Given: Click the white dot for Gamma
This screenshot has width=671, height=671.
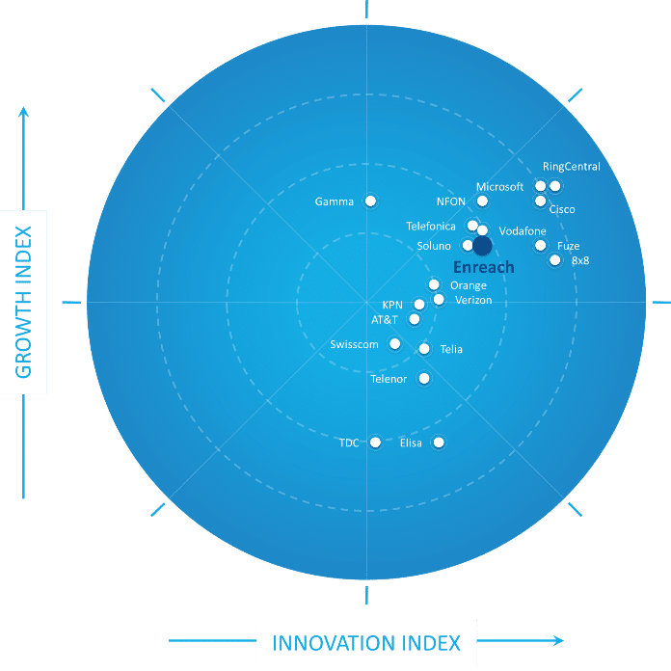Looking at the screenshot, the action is tap(370, 201).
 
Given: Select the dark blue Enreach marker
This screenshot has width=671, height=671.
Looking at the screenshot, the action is tap(482, 246).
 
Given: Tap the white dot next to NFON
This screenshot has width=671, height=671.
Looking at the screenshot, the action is tap(482, 201).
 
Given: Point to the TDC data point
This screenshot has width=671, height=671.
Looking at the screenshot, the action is tap(375, 443).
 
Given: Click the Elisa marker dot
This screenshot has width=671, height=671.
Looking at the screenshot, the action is tap(439, 443).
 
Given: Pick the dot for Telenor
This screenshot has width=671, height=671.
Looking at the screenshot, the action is tap(424, 378).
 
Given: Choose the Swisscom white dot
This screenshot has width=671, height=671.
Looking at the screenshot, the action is tap(394, 343).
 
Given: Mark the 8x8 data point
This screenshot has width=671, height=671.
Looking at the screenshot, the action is tap(555, 259).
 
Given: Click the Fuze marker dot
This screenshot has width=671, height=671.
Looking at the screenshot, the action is tap(541, 245).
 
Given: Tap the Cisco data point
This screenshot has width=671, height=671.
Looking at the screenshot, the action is tap(541, 201).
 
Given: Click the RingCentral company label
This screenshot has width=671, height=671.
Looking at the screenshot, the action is tap(572, 167).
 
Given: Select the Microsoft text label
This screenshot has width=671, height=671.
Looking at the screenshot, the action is tap(499, 187).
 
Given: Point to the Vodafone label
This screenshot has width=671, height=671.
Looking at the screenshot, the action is tap(523, 231).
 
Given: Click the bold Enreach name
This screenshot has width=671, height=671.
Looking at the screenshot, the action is tap(484, 267).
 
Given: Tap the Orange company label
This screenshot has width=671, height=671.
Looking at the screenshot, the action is tap(469, 285).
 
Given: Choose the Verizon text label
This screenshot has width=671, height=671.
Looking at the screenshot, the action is tap(473, 300).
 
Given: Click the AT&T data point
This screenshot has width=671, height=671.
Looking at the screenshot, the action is tap(415, 319).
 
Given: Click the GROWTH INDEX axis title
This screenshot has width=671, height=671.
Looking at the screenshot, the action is tap(23, 302).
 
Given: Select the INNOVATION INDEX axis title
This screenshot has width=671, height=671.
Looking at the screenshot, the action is tap(366, 643).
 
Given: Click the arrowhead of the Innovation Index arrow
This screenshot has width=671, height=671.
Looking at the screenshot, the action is tap(558, 640).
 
